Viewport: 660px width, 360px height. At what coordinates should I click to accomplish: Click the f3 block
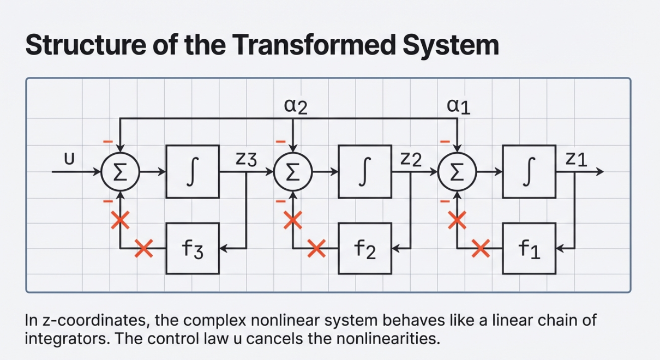pyautogui.click(x=193, y=248)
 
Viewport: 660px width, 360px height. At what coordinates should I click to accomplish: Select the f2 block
pyautogui.click(x=364, y=248)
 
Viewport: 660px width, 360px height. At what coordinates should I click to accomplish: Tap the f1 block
pyautogui.click(x=529, y=248)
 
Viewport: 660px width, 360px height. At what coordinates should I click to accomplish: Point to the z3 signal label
pyautogui.click(x=245, y=159)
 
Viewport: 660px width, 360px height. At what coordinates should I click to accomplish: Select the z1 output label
pyautogui.click(x=576, y=159)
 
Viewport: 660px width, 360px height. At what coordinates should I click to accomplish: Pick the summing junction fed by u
pyautogui.click(x=121, y=172)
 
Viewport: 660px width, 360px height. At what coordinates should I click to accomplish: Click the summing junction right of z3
pyautogui.click(x=293, y=172)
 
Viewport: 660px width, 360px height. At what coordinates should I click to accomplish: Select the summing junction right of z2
pyautogui.click(x=458, y=172)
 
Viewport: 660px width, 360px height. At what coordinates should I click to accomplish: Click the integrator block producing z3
pyautogui.click(x=193, y=171)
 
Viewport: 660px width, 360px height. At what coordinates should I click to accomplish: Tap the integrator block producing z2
pyautogui.click(x=364, y=171)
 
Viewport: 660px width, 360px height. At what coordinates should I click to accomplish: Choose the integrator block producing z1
pyautogui.click(x=529, y=171)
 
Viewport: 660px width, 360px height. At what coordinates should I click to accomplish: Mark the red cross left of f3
pyautogui.click(x=144, y=249)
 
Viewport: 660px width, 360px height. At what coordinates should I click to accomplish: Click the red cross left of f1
pyautogui.click(x=481, y=249)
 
